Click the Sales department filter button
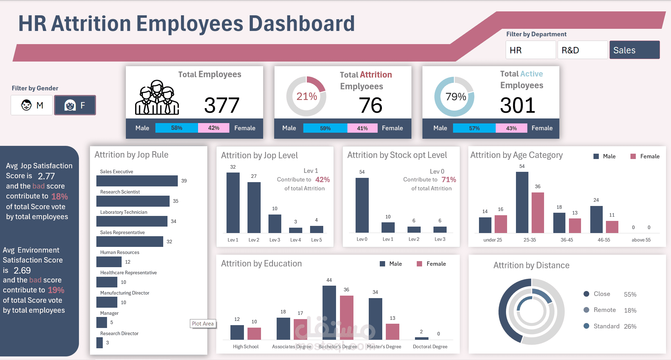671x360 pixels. (634, 50)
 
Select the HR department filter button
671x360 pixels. (530, 50)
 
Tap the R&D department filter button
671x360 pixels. (582, 50)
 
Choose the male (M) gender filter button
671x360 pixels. (32, 105)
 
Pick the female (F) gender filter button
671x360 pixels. (75, 105)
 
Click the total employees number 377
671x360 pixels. (222, 105)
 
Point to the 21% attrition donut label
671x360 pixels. (307, 96)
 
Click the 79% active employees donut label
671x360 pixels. (456, 97)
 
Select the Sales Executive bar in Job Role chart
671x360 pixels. (137, 181)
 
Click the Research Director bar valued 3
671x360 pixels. (100, 343)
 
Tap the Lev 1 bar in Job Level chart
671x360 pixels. (233, 202)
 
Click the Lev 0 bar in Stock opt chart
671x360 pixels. (362, 205)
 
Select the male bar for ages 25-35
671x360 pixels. (522, 202)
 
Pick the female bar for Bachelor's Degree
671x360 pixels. (346, 317)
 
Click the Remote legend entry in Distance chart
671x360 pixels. (604, 310)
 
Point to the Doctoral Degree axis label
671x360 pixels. (430, 346)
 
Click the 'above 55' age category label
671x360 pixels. (641, 240)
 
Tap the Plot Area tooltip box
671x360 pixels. (203, 323)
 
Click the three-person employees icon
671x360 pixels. (157, 97)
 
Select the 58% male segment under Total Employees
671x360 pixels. (177, 128)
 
